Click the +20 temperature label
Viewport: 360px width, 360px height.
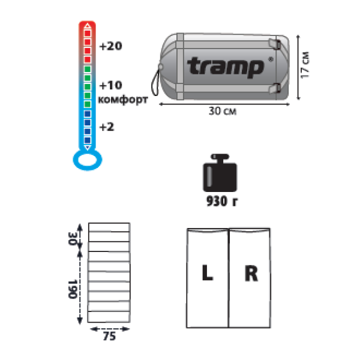[110, 46]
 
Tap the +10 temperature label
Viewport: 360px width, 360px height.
[110, 85]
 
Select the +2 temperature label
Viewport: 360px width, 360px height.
[107, 127]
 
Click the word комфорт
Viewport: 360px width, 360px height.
[123, 100]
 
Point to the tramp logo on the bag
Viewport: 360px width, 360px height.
[226, 67]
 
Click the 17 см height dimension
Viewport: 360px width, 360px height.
[305, 65]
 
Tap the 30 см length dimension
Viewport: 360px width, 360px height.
[223, 111]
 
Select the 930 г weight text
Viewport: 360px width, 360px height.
[222, 201]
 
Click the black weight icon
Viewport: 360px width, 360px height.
[220, 173]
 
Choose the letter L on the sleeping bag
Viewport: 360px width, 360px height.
[208, 273]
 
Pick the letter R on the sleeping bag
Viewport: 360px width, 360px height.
[251, 273]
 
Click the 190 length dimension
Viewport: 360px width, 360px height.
[73, 289]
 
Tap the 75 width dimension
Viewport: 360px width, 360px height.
[109, 337]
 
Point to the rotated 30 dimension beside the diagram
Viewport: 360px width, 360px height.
[73, 239]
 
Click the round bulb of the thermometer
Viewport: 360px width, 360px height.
[88, 160]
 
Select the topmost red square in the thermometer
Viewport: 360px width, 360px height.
[88, 33]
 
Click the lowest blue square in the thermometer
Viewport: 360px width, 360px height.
[88, 140]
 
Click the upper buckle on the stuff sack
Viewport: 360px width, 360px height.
[275, 44]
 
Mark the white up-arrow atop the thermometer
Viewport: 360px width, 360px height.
[88, 26]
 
